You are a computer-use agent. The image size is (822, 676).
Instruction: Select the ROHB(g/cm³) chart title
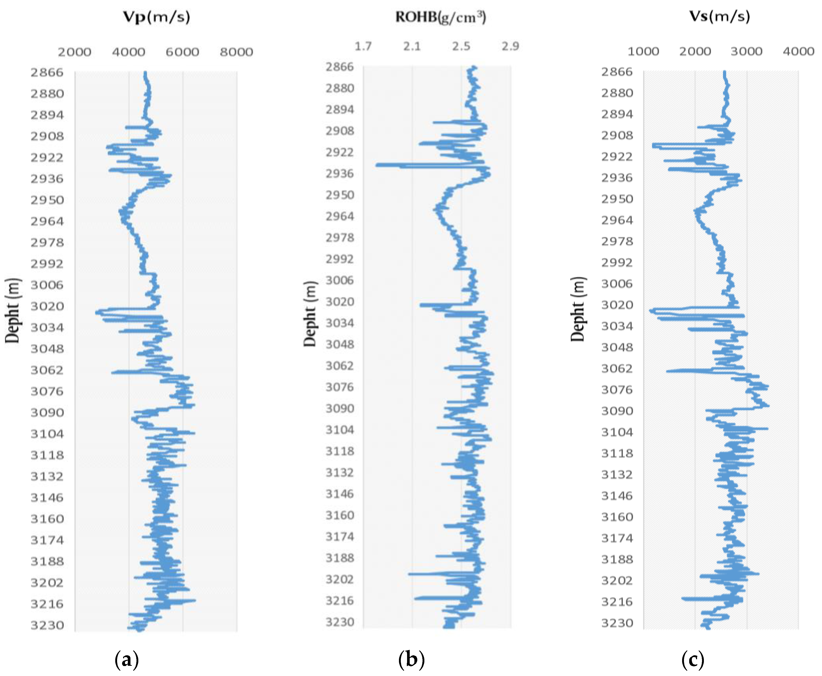pyautogui.click(x=440, y=17)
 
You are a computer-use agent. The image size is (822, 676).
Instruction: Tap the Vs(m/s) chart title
pyautogui.click(x=719, y=16)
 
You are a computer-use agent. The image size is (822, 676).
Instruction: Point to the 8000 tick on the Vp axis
pyautogui.click(x=236, y=52)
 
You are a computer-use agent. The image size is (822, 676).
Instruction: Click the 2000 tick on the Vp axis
pyautogui.click(x=74, y=52)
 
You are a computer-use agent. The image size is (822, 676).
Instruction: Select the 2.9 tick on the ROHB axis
pyautogui.click(x=510, y=47)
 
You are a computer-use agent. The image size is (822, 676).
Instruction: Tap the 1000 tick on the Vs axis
pyautogui.click(x=643, y=51)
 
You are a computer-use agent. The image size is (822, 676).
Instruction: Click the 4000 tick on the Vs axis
pyautogui.click(x=798, y=51)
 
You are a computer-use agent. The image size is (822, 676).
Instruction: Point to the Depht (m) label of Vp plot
pyautogui.click(x=13, y=310)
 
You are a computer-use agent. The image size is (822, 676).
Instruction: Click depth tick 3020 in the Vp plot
pyautogui.click(x=47, y=306)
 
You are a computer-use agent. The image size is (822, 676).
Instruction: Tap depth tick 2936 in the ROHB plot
pyautogui.click(x=340, y=174)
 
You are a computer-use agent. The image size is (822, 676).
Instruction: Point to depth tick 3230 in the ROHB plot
pyautogui.click(x=340, y=622)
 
